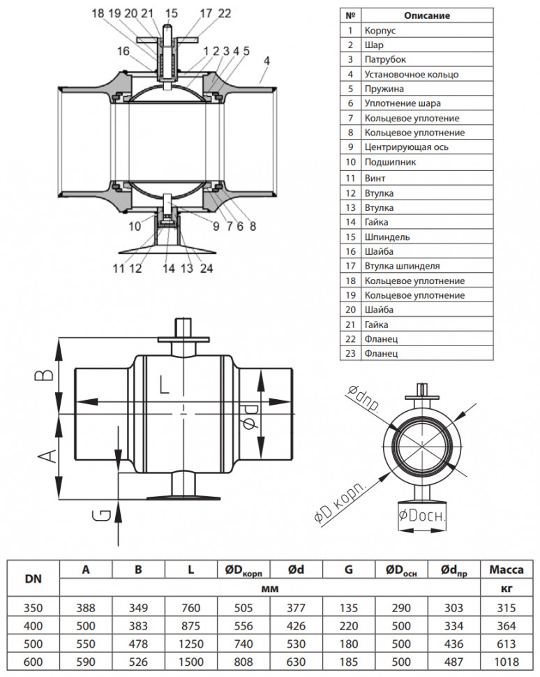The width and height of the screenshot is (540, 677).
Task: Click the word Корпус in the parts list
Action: pos(380,31)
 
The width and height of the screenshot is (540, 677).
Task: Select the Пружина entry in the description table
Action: pos(384,89)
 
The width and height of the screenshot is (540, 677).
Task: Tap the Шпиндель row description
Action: pos(387,237)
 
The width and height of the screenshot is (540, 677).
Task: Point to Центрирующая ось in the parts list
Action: pos(406,147)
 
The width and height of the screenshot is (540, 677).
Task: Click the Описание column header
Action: pos(427,15)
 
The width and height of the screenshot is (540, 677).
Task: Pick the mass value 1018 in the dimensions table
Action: pos(507,662)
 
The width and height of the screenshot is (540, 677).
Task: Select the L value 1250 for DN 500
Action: pos(190,643)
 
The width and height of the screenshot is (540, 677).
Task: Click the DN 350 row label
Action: pos(33,608)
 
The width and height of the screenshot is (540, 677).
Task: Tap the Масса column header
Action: pos(507,570)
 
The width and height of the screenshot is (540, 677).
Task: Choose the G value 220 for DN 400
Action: pos(349,626)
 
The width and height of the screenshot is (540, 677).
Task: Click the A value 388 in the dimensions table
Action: pos(86,608)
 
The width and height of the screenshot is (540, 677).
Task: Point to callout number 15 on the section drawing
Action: pos(172,13)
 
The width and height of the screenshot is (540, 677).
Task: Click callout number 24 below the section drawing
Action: pos(207,269)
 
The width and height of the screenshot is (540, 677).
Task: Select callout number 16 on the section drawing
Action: pos(123,51)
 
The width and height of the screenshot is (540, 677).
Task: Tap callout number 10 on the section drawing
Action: pos(135,226)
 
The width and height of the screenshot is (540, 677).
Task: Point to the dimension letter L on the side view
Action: pos(164,385)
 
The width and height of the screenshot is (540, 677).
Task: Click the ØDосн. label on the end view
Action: pos(421,516)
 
